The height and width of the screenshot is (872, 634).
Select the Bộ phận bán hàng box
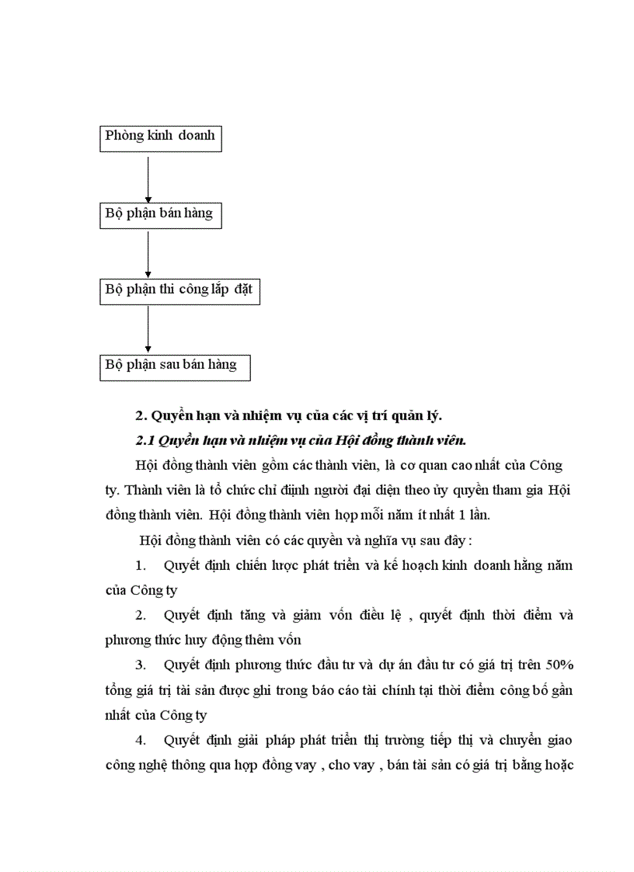(161, 214)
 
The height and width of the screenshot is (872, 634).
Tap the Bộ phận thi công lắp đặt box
(179, 290)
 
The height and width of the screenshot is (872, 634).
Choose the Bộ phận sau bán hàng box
(175, 366)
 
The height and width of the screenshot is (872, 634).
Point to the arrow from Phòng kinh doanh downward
(148, 175)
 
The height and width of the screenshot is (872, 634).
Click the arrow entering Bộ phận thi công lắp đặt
(148, 252)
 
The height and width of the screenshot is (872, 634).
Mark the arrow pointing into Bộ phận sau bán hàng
(148, 328)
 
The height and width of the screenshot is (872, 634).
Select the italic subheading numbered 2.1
(301, 440)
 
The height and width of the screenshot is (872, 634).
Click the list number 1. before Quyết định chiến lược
(141, 565)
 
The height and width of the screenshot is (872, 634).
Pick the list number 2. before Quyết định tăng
(141, 616)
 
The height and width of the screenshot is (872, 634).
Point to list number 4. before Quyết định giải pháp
(141, 740)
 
